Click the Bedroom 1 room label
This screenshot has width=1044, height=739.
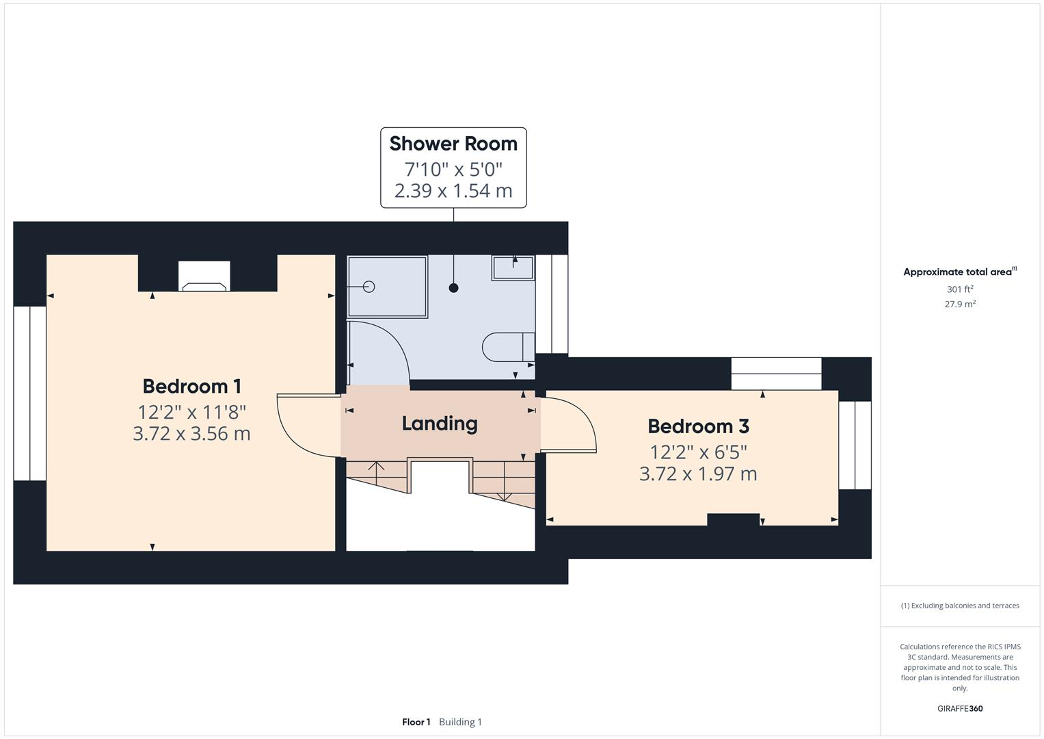coord(191,387)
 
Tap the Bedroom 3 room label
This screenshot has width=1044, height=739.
coord(698,426)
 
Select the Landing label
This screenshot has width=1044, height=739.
coord(439,424)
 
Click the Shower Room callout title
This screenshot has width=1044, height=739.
coord(453,144)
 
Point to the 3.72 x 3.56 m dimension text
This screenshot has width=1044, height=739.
coord(191,434)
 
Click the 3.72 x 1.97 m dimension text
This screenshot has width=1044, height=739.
coord(698,474)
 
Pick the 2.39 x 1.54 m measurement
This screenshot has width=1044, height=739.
coord(453,191)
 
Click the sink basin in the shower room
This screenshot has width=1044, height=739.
coord(513,268)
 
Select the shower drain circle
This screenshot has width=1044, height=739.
coord(369,287)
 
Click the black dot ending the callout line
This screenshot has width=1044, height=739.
coord(453,288)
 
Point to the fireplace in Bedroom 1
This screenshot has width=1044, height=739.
coord(204,277)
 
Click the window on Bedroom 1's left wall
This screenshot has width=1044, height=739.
coord(29,393)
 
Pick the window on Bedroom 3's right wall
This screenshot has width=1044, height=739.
coord(855,445)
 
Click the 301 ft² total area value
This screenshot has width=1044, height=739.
coord(959,289)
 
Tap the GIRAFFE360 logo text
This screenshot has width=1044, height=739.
coord(959,708)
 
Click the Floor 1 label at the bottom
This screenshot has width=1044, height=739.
coord(416,722)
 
